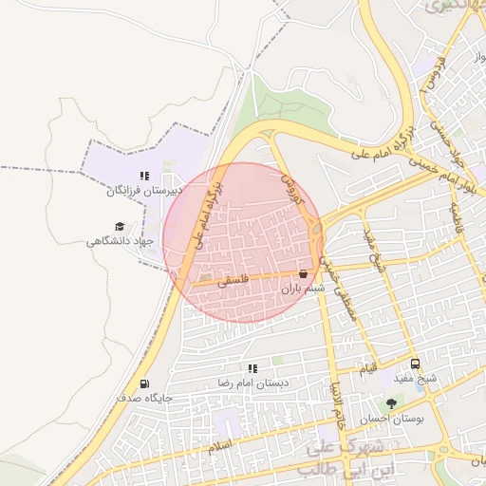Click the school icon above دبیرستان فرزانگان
pos(144,176)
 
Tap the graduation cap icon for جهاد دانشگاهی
pos(120,226)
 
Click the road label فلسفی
pos(233,281)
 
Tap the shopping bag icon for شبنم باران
pos(303,273)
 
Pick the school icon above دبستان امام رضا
pos(252,368)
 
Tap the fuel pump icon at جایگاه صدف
pos(144,384)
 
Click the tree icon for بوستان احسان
pos(391,404)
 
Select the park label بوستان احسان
pos(391,419)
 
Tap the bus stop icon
pos(415,364)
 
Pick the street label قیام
pos(368,366)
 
